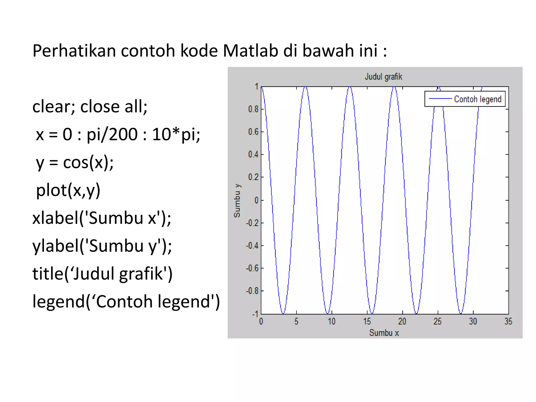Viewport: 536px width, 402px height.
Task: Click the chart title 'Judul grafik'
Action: [x=383, y=77]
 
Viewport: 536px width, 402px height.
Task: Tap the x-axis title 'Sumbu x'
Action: [x=384, y=333]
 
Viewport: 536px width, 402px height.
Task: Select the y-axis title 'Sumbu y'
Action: [x=237, y=200]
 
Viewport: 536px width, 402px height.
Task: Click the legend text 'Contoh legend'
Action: [x=478, y=99]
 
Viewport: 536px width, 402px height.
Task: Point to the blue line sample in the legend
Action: [x=440, y=99]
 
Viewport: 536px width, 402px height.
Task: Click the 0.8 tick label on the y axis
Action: [x=253, y=109]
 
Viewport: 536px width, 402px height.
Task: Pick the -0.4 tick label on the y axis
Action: [x=252, y=245]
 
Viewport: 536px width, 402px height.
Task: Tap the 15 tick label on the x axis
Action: [x=367, y=321]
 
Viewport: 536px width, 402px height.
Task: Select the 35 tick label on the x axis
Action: [x=508, y=321]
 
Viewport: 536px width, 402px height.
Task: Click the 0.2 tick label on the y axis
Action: [x=253, y=177]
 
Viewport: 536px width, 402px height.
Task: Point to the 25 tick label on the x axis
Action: [x=438, y=321]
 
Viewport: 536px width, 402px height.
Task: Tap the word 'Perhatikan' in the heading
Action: [x=74, y=51]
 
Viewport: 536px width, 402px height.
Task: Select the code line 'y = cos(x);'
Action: [x=75, y=162]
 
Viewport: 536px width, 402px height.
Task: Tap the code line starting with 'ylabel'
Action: [x=102, y=246]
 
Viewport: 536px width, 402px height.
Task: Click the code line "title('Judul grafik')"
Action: [x=102, y=274]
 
